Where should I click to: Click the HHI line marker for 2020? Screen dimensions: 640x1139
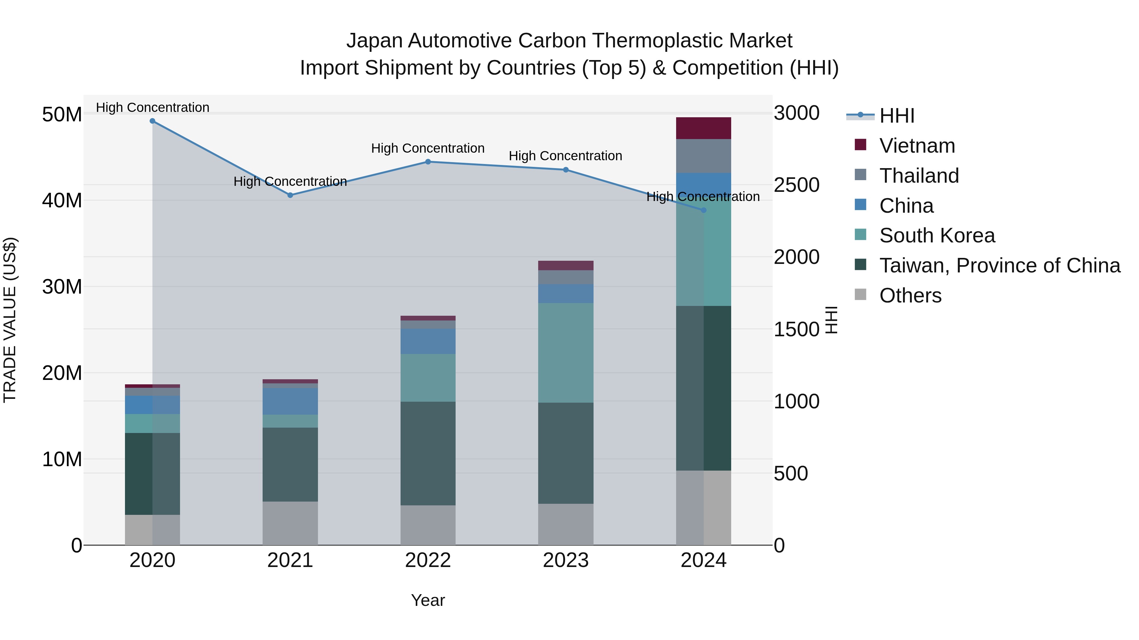pos(152,121)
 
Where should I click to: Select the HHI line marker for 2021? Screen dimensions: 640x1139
pos(290,195)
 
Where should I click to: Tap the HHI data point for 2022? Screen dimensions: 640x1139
pos(428,162)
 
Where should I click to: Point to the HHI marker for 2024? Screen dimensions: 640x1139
pos(703,210)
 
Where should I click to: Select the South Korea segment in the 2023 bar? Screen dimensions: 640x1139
pos(565,352)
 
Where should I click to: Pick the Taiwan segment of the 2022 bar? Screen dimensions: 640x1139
pos(428,453)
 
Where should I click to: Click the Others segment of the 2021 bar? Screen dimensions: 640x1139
pos(290,523)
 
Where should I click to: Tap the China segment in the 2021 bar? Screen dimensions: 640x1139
pos(290,401)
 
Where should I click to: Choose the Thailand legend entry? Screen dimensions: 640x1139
pos(919,176)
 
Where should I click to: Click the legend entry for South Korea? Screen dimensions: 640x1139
pos(937,235)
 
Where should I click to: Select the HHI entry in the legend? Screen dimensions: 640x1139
pos(897,116)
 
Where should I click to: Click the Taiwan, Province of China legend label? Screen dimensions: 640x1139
pos(1000,265)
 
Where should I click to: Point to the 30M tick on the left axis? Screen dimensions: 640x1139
pos(62,287)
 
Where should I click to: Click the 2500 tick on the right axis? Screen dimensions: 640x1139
pos(796,185)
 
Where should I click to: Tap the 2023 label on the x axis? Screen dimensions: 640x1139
pos(565,560)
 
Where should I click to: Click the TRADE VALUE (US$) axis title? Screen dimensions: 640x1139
pos(10,320)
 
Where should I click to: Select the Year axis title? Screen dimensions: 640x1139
pos(428,600)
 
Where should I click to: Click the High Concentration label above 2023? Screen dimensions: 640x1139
pos(565,156)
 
